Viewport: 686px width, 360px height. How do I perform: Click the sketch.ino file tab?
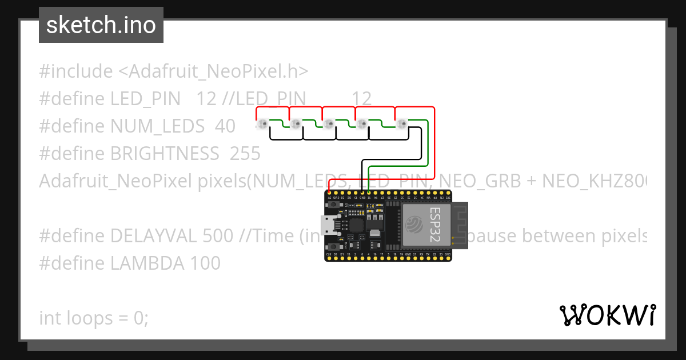coord(101,25)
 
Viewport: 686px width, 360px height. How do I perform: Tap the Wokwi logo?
coord(608,315)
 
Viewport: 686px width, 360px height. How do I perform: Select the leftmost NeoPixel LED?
coord(263,124)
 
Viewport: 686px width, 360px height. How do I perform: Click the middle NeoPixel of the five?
coord(329,124)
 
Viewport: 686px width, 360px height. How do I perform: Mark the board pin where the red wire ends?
coord(330,191)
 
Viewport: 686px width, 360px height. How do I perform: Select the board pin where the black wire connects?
coord(363,191)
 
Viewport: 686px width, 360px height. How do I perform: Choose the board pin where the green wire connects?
coord(369,191)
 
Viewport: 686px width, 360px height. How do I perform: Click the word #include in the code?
coord(76,71)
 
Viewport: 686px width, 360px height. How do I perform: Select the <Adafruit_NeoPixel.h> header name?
coord(213,71)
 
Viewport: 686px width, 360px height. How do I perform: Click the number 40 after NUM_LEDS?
coord(225,126)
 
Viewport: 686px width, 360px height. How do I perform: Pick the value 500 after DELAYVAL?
coord(218,236)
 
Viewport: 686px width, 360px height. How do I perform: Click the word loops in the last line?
coord(90,318)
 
